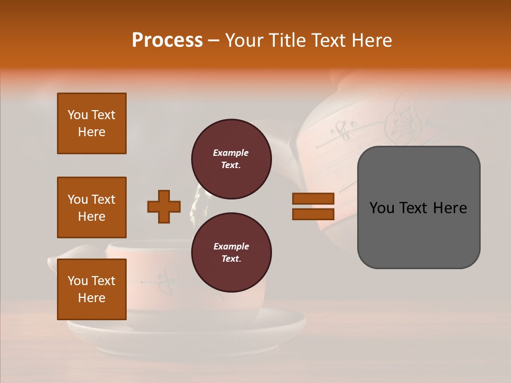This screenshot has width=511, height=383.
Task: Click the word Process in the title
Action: pyautogui.click(x=167, y=40)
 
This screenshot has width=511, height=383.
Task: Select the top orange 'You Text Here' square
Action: pyautogui.click(x=92, y=123)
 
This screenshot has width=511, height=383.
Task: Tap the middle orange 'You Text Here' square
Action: pyautogui.click(x=92, y=207)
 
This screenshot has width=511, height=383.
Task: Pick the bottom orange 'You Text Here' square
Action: pyautogui.click(x=92, y=289)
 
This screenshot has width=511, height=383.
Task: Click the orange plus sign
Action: pyautogui.click(x=164, y=206)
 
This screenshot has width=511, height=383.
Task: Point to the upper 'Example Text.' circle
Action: pyautogui.click(x=231, y=159)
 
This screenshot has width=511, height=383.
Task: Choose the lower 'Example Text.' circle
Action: pyautogui.click(x=231, y=252)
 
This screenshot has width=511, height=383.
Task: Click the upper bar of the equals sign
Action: pyautogui.click(x=313, y=199)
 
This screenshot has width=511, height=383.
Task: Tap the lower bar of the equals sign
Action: pyautogui.click(x=313, y=214)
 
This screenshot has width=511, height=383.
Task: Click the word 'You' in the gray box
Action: pyautogui.click(x=382, y=208)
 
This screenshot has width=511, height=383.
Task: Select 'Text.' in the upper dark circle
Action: pyautogui.click(x=231, y=165)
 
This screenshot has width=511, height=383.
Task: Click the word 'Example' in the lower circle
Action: pyautogui.click(x=231, y=246)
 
